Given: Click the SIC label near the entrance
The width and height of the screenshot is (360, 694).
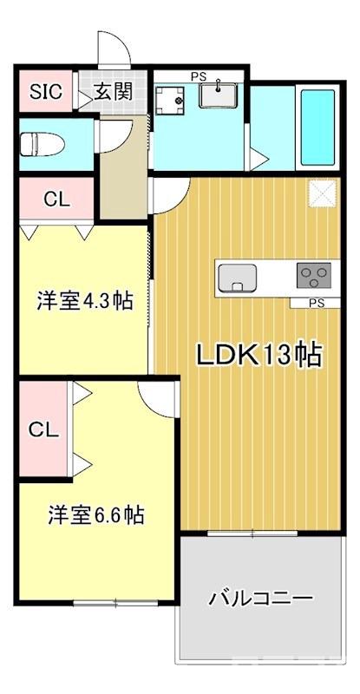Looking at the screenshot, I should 47,92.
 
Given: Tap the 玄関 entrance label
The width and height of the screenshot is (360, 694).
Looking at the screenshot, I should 113,92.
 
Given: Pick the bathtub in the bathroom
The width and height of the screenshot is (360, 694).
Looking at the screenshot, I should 317,128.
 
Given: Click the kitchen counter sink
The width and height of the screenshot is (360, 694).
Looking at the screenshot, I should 238,278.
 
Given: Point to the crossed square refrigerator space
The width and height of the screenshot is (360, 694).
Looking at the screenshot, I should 322,193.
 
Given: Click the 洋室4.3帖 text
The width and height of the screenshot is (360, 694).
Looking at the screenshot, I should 84,301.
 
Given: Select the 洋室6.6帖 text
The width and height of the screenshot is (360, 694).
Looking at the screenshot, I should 95,514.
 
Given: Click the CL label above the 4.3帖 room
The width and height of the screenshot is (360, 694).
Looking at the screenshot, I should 57,198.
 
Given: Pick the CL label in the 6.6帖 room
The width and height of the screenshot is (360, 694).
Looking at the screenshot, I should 43,429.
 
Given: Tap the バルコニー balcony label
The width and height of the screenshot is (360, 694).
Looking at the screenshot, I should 259,599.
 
